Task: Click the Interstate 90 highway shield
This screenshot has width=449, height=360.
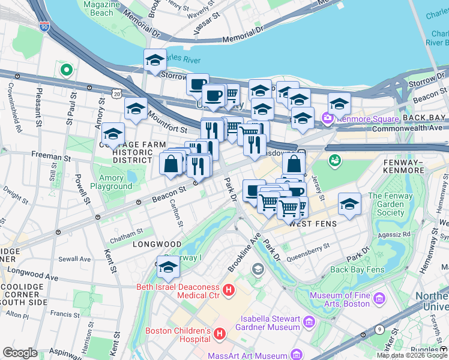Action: pos(44,26)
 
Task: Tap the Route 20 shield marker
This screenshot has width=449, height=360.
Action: pos(116,94)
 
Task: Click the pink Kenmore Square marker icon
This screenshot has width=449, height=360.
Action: pos(327,118)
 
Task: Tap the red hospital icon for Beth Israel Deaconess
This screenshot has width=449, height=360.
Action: pos(228,291)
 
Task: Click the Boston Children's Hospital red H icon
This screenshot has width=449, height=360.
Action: pos(220,333)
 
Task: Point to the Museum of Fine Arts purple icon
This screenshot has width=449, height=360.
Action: pos(379,298)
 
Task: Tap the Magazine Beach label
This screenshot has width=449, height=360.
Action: pos(98,8)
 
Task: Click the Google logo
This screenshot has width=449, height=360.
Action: pos(20,353)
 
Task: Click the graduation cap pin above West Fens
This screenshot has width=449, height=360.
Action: pos(349,204)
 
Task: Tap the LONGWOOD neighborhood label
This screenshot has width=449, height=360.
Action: pos(157,244)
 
